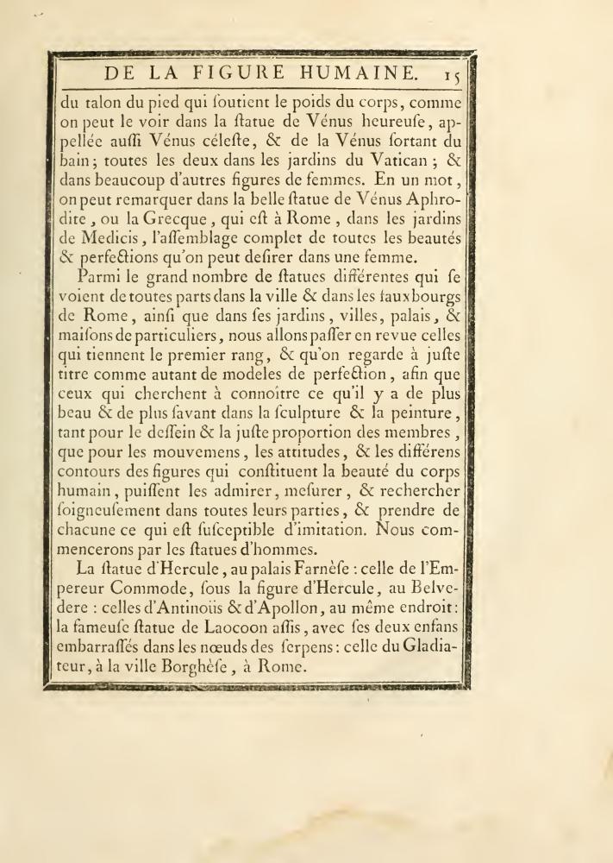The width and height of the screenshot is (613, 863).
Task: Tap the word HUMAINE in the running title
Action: coord(352,72)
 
